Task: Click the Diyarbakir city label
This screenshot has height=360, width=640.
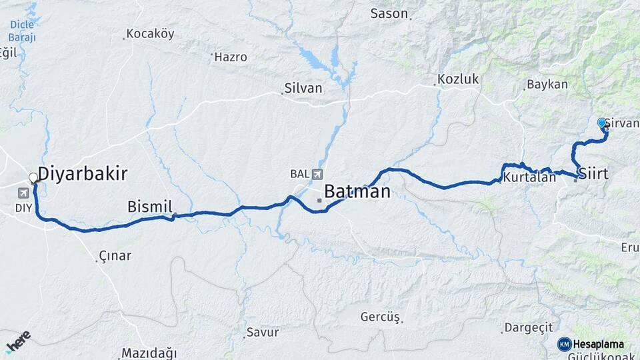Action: [x=82, y=174]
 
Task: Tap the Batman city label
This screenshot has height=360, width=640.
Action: [x=357, y=192]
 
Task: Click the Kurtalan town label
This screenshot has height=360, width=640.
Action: [x=529, y=178]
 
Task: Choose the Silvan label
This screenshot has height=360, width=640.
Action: [x=303, y=88]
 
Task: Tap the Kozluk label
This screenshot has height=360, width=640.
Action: [x=458, y=79]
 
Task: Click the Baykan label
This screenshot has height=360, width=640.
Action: [x=547, y=85]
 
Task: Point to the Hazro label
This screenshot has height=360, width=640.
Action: [x=231, y=57]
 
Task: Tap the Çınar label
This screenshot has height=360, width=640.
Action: [x=115, y=255]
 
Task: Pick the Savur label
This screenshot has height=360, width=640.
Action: [x=263, y=332]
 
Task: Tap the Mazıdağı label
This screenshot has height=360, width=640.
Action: [x=149, y=353]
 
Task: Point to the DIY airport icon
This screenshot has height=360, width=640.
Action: [x=24, y=193]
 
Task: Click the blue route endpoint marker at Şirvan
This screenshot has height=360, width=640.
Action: [x=602, y=123]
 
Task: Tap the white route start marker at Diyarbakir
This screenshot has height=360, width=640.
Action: [x=33, y=178]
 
